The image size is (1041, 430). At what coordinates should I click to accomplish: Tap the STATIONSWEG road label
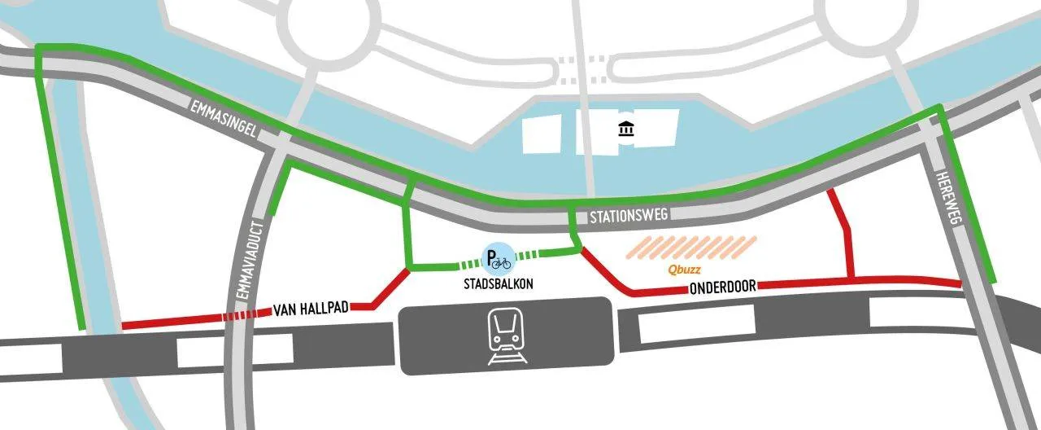click(629, 217)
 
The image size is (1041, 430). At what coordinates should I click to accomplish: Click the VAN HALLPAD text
click(311, 309)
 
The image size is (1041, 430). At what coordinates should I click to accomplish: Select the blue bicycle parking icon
click(499, 260)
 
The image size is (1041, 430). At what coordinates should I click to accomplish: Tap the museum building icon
click(626, 129)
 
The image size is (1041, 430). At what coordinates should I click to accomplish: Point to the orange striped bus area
click(691, 248)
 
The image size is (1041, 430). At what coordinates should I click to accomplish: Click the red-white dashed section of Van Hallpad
click(247, 315)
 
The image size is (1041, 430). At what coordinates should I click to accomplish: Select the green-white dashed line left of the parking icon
click(472, 263)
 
